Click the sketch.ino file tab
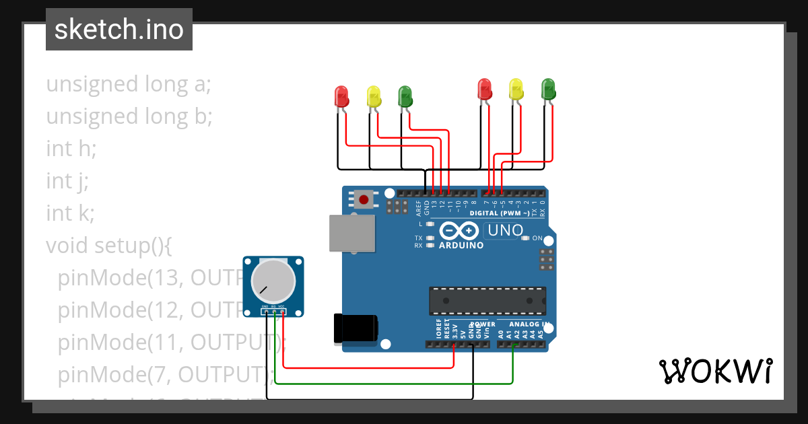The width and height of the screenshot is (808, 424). pos(119,30)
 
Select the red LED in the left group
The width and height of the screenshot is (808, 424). pos(342,97)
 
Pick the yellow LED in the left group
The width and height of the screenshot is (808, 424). pos(374,97)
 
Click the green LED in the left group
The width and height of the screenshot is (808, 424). pos(405,96)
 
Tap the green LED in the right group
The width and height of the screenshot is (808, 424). pos(548,89)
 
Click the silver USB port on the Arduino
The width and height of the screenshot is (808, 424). pos(351,234)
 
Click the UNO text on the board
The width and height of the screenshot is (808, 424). pos(506,230)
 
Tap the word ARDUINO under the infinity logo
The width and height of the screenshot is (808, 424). pos(461,246)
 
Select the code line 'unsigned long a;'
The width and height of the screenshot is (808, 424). pos(129,85)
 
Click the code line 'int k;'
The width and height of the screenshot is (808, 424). pos(70,213)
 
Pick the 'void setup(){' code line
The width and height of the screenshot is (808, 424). pos(109,246)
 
